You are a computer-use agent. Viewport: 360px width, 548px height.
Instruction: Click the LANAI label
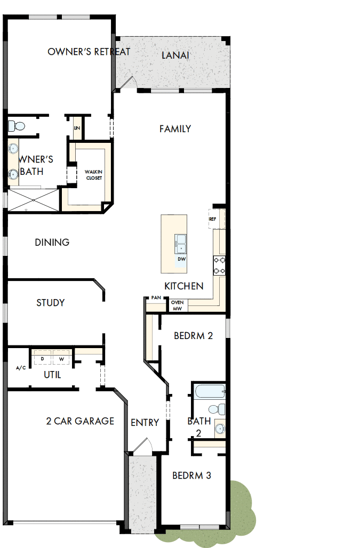click(x=175, y=55)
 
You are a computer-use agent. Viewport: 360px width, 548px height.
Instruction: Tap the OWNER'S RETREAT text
click(x=89, y=52)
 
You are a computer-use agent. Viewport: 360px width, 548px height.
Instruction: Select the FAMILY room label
click(x=175, y=128)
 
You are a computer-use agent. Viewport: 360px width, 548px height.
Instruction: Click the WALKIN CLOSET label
click(x=93, y=175)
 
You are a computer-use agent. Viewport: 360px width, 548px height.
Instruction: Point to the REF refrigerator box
click(x=212, y=219)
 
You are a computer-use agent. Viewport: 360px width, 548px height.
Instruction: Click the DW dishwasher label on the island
click(x=181, y=259)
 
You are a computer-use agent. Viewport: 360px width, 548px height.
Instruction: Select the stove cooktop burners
click(x=219, y=265)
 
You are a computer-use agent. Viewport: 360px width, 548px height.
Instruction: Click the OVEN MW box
click(x=178, y=305)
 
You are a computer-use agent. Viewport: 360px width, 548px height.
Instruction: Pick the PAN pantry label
click(x=156, y=298)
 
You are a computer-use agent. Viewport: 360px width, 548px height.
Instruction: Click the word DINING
click(x=52, y=242)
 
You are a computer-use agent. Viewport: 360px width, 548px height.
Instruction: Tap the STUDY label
click(x=51, y=303)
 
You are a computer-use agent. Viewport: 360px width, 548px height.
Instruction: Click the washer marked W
click(x=61, y=359)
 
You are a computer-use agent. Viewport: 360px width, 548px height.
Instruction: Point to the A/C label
click(x=21, y=368)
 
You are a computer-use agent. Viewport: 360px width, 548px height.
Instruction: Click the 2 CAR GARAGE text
click(x=80, y=421)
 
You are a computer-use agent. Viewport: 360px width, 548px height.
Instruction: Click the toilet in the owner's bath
click(x=17, y=126)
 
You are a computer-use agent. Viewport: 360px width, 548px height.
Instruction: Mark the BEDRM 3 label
click(x=192, y=475)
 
